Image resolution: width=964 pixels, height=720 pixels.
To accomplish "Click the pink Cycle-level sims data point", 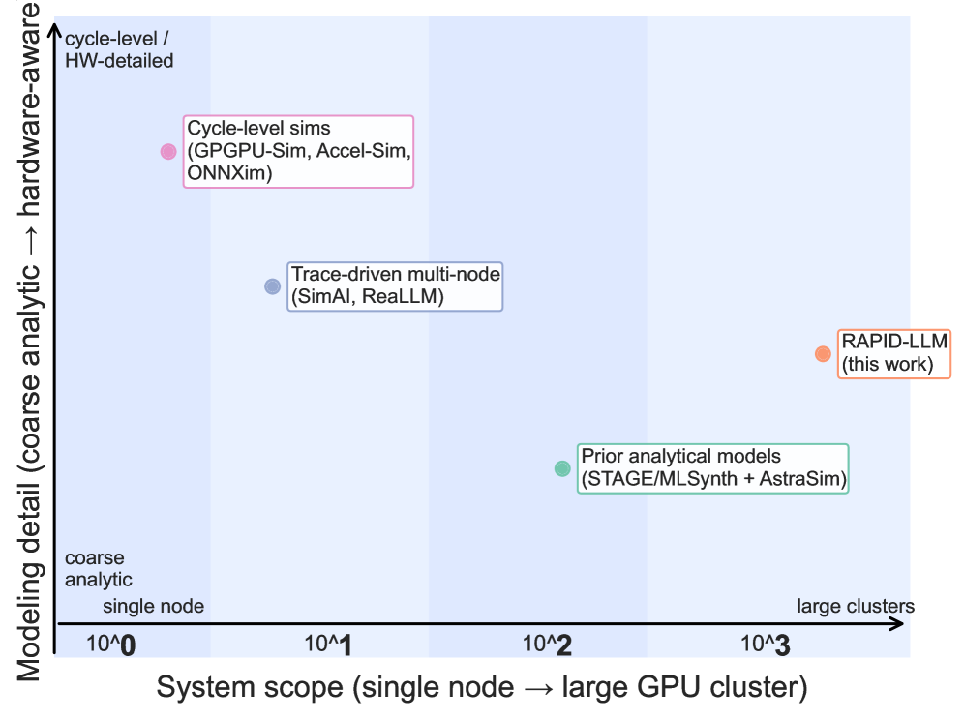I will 168,151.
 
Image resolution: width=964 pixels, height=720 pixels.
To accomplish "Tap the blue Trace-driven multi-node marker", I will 272,286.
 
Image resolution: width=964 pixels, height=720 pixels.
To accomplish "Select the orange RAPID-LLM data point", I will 823,354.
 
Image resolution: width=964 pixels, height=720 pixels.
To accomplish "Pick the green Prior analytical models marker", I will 562,468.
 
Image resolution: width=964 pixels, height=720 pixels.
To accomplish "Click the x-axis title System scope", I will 482,688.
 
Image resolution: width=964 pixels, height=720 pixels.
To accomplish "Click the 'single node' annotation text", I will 154,607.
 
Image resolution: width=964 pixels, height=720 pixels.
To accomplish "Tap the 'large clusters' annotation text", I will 856,607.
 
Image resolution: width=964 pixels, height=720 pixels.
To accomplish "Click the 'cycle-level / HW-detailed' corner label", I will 118,50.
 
